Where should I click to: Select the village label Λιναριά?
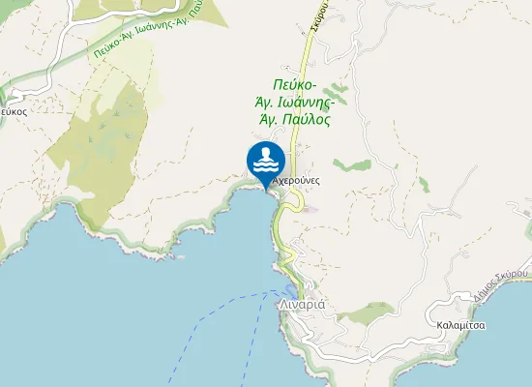pyautogui.click(x=304, y=303)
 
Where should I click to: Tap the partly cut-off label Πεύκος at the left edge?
pyautogui.click(x=12, y=112)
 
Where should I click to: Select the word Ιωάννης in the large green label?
pyautogui.click(x=304, y=102)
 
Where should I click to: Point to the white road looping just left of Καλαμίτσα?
pyautogui.click(x=426, y=319)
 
